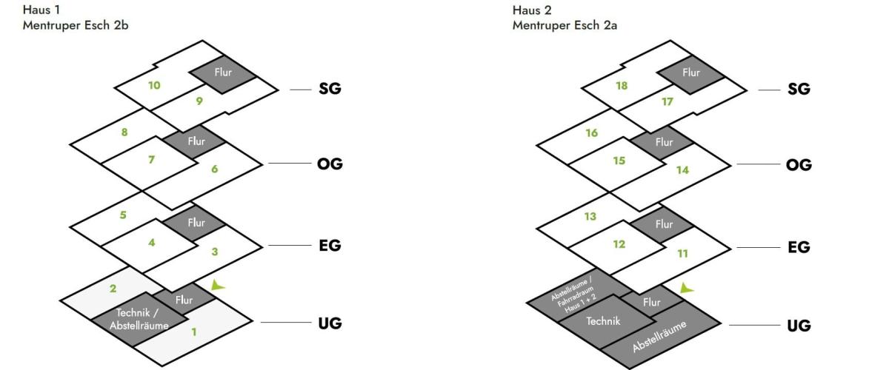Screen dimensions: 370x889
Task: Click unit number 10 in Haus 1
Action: coord(154,85)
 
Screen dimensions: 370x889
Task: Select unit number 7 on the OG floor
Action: coord(151,159)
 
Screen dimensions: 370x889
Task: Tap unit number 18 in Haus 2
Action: coord(622,85)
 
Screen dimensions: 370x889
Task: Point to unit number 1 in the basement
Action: coord(194,332)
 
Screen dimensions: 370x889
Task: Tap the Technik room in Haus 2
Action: coord(604,321)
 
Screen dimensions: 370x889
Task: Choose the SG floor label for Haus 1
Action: coord(330,89)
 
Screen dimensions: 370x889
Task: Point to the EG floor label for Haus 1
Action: coord(329,246)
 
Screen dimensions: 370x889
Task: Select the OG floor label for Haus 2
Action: coord(799,164)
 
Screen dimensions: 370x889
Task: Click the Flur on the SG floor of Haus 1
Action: coord(223,73)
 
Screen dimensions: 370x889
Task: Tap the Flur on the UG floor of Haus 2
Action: coord(652,302)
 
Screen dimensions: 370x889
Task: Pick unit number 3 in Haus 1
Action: coord(215,252)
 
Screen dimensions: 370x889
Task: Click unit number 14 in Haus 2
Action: coord(682,169)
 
